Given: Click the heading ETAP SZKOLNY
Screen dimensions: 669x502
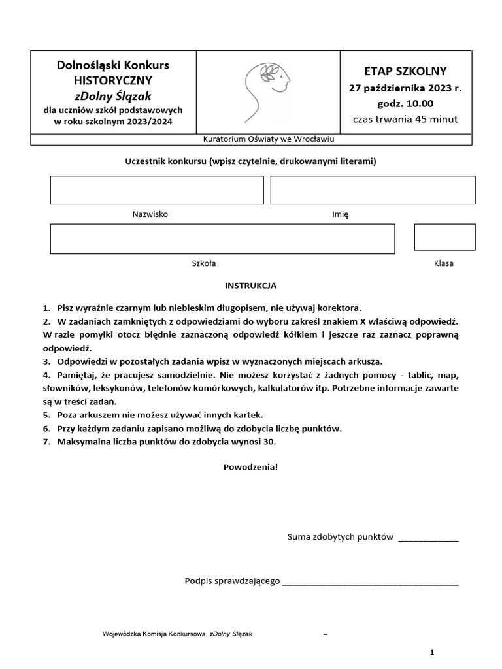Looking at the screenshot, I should [405, 71].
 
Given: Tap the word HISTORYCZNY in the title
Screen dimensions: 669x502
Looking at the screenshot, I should [112, 80].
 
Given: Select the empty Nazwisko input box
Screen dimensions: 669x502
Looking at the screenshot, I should [156, 190].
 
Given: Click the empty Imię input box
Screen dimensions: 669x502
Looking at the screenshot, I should [373, 190].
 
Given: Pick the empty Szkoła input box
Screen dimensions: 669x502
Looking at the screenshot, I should [222, 238].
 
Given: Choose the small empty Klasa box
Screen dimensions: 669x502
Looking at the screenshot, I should [444, 237].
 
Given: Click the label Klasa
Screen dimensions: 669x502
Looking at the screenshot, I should [444, 263].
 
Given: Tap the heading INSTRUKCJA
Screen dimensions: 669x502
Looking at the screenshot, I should [251, 286].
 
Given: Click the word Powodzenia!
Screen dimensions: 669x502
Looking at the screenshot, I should [251, 467].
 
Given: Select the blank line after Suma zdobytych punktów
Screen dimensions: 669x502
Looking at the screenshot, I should [428, 538].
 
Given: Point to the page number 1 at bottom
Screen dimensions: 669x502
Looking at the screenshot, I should [432, 652].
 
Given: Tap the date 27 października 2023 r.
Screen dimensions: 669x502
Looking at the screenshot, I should [405, 88].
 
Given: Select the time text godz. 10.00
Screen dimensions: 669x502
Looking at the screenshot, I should [405, 103].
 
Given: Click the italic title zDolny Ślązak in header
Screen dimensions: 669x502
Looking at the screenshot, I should [112, 96].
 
